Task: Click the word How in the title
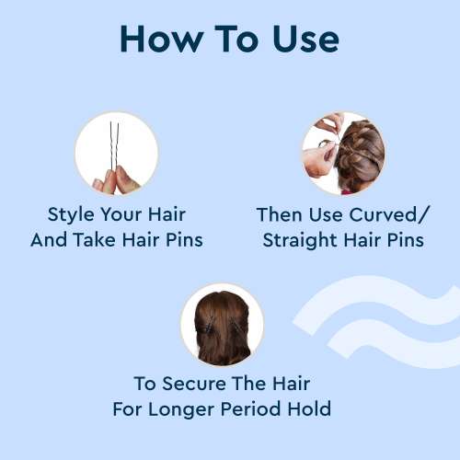click(x=162, y=39)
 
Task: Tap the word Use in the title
click(x=305, y=39)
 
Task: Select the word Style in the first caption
click(x=71, y=215)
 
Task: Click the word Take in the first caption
click(x=95, y=239)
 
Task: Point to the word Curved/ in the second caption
click(x=388, y=214)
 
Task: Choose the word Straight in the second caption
click(x=300, y=241)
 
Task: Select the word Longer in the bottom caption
click(x=181, y=410)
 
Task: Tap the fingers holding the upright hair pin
click(x=116, y=180)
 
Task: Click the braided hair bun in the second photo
click(x=362, y=155)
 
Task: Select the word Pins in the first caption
click(x=184, y=239)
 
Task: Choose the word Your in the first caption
click(x=121, y=214)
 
